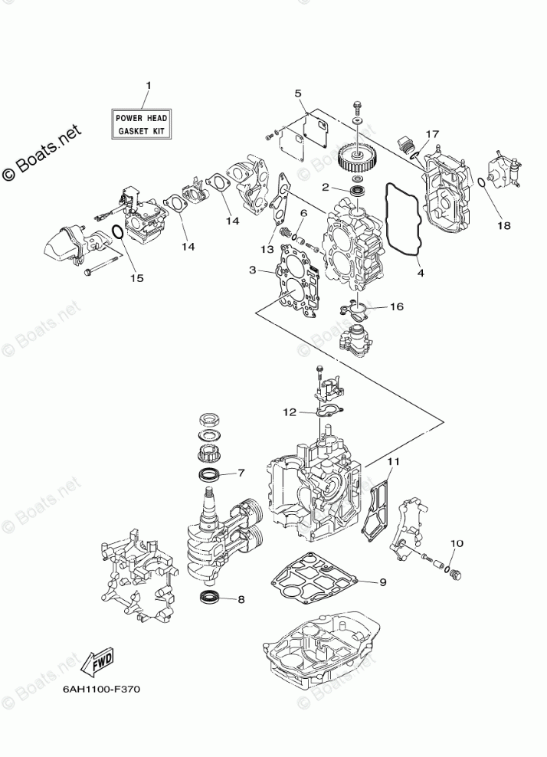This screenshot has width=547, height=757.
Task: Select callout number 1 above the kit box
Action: point(148,86)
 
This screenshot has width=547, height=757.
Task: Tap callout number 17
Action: point(432,134)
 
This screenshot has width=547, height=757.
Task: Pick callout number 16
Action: point(396,306)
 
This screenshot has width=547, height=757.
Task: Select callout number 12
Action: point(289,412)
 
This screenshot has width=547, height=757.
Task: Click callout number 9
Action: point(382,582)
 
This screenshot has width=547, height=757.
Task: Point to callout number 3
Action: point(252,269)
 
